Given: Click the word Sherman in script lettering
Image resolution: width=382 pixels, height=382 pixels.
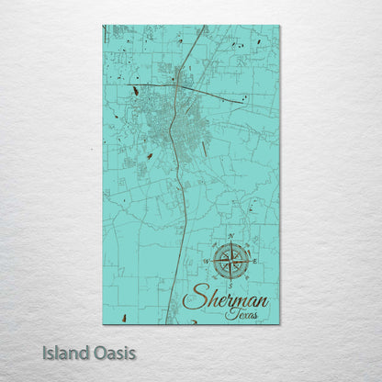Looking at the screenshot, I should point(226,298).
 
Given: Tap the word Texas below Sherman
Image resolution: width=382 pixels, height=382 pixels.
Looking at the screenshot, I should point(242,314).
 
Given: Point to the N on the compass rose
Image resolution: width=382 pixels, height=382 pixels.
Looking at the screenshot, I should point(230,236).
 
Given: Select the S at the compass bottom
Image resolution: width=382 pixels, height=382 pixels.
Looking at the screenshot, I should point(230,284).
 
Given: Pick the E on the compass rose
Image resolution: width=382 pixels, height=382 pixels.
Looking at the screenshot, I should point(254,261).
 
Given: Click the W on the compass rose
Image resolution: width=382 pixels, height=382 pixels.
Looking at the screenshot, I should point(207,261).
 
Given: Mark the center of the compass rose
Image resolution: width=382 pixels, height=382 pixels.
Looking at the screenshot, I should point(230,261).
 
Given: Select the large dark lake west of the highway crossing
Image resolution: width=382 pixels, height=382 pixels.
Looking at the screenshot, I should point(136,89).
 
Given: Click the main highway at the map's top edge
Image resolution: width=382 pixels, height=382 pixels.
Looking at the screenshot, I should point(205,27).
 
